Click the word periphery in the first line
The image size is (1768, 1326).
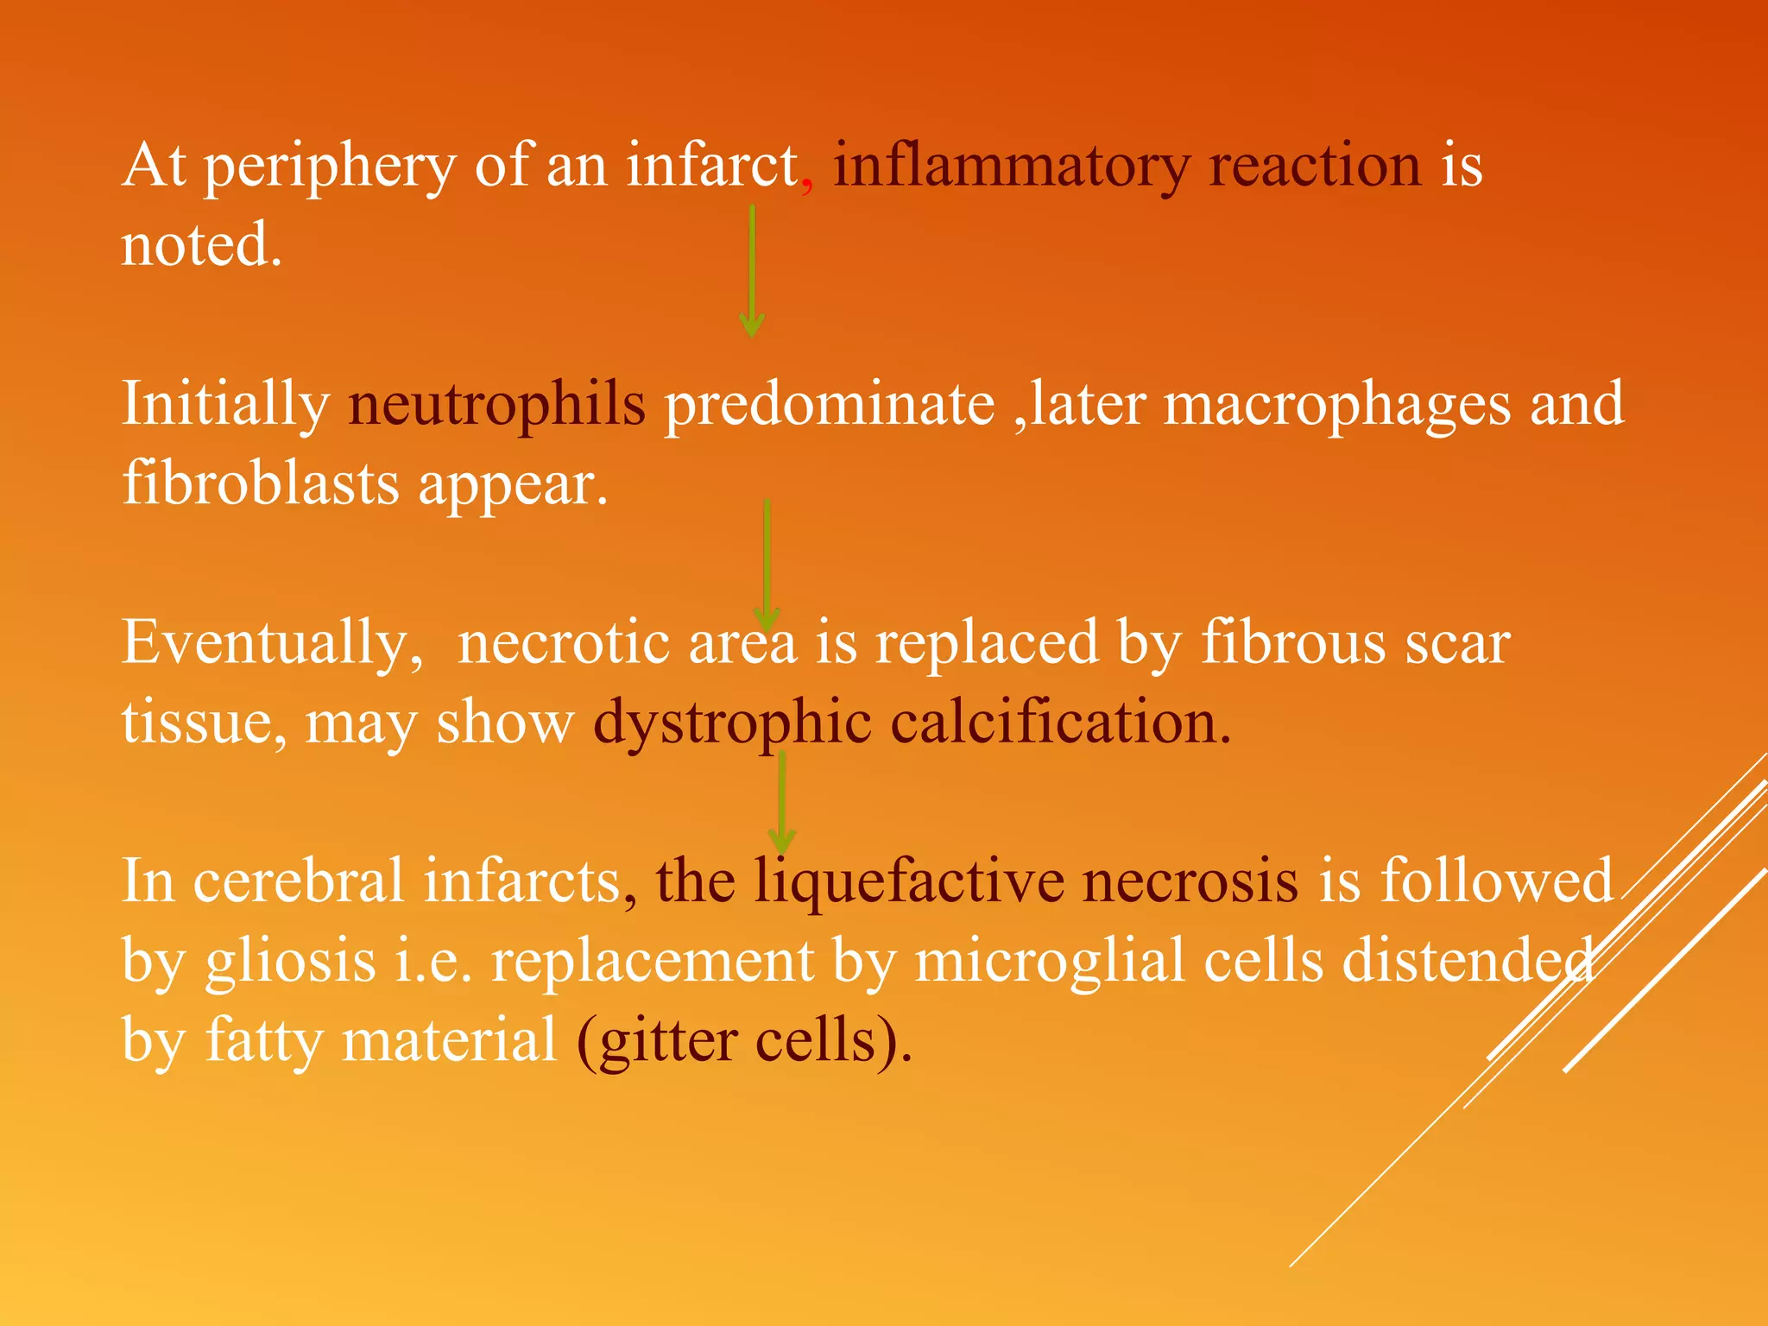(x=329, y=166)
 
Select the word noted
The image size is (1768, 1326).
(x=201, y=244)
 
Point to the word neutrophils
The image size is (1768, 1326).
(x=496, y=404)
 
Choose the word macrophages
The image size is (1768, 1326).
(x=1337, y=404)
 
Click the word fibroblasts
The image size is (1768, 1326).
(x=260, y=483)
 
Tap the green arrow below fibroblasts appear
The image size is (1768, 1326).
(x=767, y=565)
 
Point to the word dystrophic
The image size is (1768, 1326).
(x=732, y=723)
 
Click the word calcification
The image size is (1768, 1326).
(x=1060, y=723)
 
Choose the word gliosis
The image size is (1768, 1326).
(x=290, y=961)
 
